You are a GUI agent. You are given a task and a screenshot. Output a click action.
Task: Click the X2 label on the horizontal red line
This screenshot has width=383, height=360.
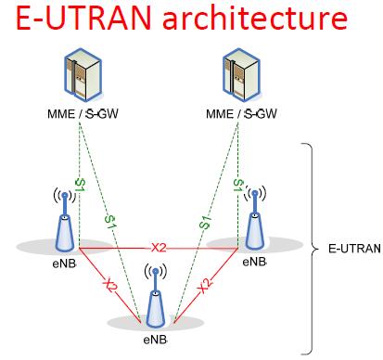tap(159, 247)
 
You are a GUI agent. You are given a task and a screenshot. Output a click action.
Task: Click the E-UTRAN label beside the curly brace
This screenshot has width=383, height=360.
tap(351, 249)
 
